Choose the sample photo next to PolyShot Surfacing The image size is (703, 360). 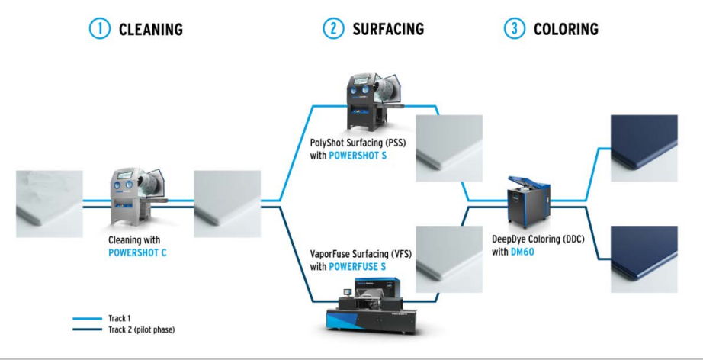coord(449,148)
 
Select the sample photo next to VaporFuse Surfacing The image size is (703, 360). coord(449,258)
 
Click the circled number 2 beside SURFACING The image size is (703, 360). coord(332,29)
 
